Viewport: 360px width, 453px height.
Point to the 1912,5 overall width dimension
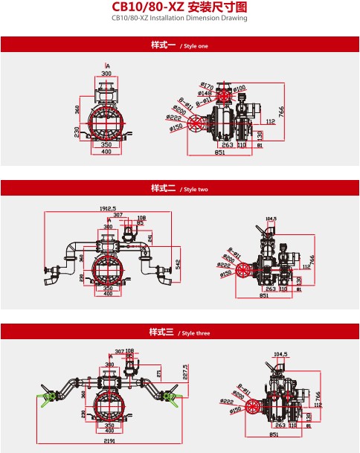point(107,209)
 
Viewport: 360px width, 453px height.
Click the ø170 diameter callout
point(208,86)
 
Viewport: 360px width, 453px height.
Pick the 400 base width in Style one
point(106,152)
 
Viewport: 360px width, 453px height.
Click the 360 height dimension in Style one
point(77,108)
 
